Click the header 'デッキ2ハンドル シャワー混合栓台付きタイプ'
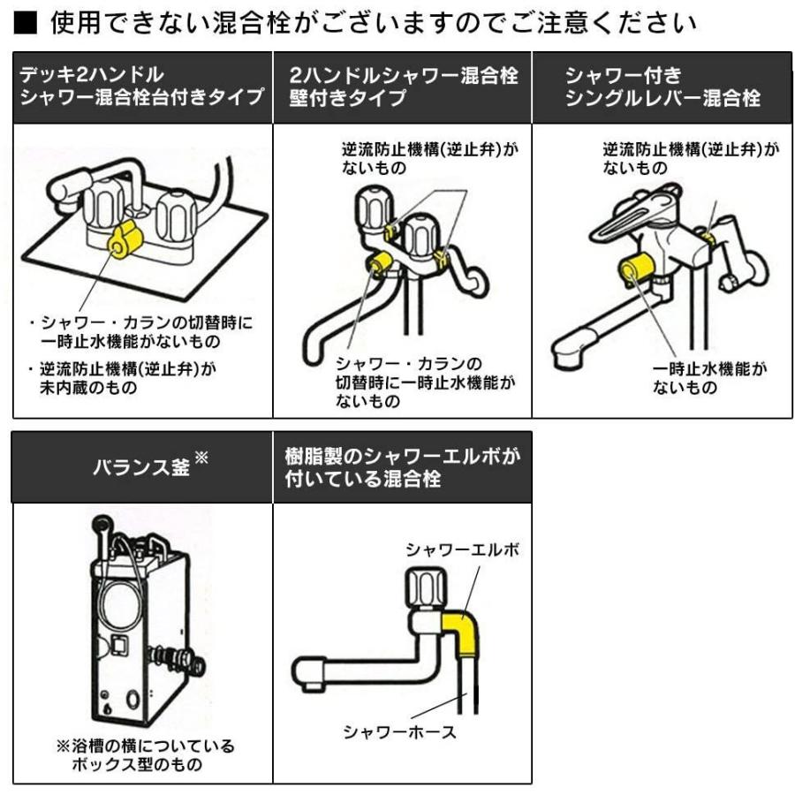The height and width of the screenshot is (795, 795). (141, 87)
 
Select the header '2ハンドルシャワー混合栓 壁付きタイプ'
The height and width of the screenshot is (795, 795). (402, 87)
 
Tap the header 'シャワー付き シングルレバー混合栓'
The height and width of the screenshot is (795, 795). (662, 87)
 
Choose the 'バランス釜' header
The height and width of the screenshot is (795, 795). (141, 466)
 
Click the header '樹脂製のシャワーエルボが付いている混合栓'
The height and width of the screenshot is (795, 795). (402, 466)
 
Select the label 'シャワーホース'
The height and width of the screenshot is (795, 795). (401, 732)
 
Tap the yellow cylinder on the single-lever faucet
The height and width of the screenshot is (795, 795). (636, 269)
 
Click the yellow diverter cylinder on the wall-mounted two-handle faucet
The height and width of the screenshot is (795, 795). (381, 262)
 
